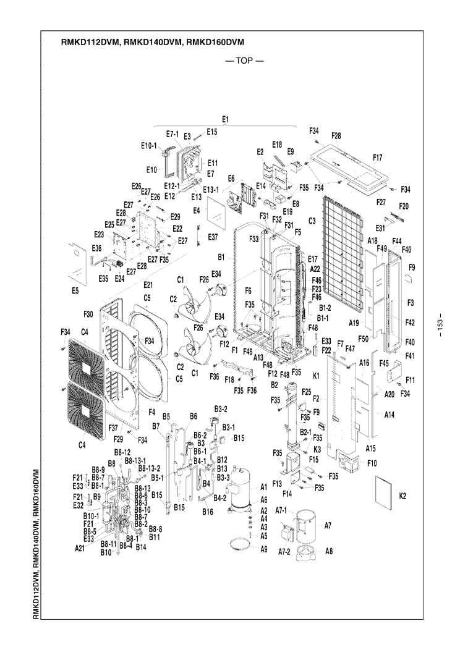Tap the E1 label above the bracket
[x=225, y=118]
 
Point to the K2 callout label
[x=403, y=496]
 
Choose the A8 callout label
[x=328, y=552]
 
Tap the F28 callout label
[x=336, y=135]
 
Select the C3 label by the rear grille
[x=312, y=221]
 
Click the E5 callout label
[x=75, y=289]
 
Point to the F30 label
[x=88, y=314]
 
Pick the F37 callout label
[x=113, y=428]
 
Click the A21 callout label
[x=80, y=547]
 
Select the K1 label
[x=315, y=376]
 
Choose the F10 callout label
[x=372, y=463]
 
